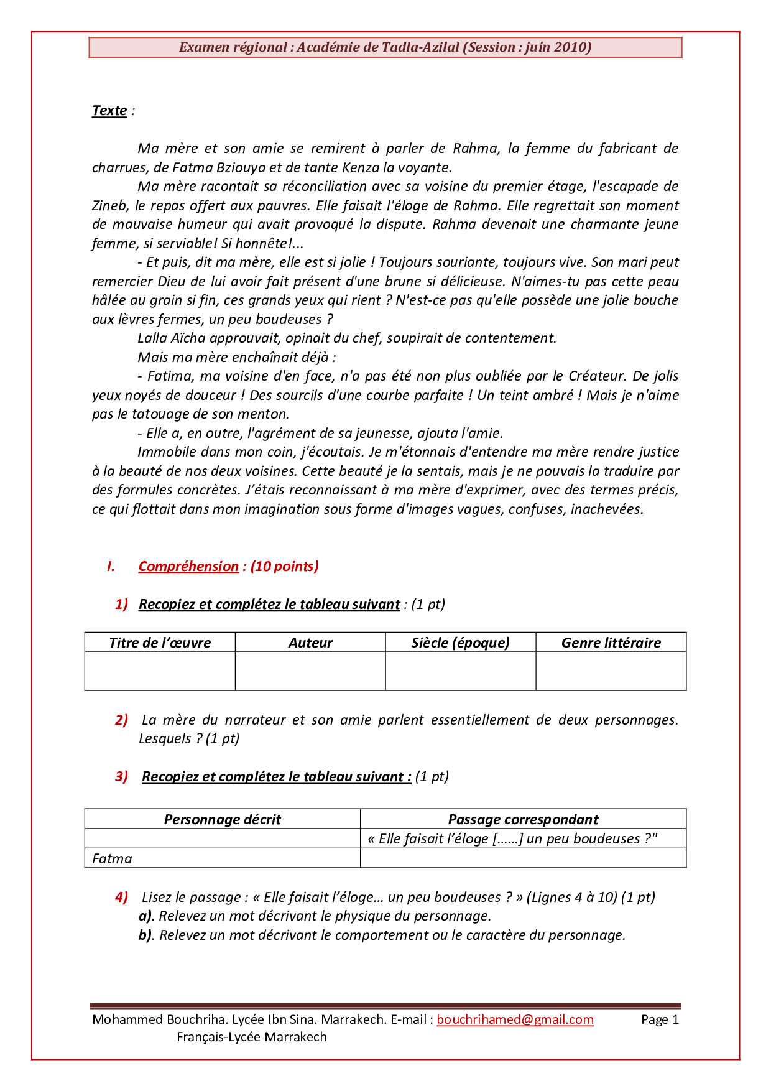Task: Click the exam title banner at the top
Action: tap(385, 47)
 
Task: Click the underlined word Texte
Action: tap(109, 111)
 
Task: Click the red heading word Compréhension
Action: tap(188, 566)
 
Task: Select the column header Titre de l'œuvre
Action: tap(160, 643)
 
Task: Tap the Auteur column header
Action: tap(310, 643)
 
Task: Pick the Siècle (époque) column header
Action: tap(460, 643)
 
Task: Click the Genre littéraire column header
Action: tap(611, 643)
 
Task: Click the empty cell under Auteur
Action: tap(310, 671)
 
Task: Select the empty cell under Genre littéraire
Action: tap(611, 671)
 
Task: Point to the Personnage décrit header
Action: tap(222, 819)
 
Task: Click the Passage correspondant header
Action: tap(523, 819)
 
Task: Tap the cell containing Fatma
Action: tap(222, 858)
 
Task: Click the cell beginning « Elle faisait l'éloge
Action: tap(523, 838)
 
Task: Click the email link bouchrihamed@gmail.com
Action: tap(515, 1019)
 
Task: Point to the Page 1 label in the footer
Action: tap(660, 1019)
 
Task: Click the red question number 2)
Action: tap(121, 720)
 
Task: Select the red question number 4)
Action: tap(121, 897)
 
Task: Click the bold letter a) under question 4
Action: tap(145, 916)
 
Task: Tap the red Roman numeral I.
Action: tap(111, 566)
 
